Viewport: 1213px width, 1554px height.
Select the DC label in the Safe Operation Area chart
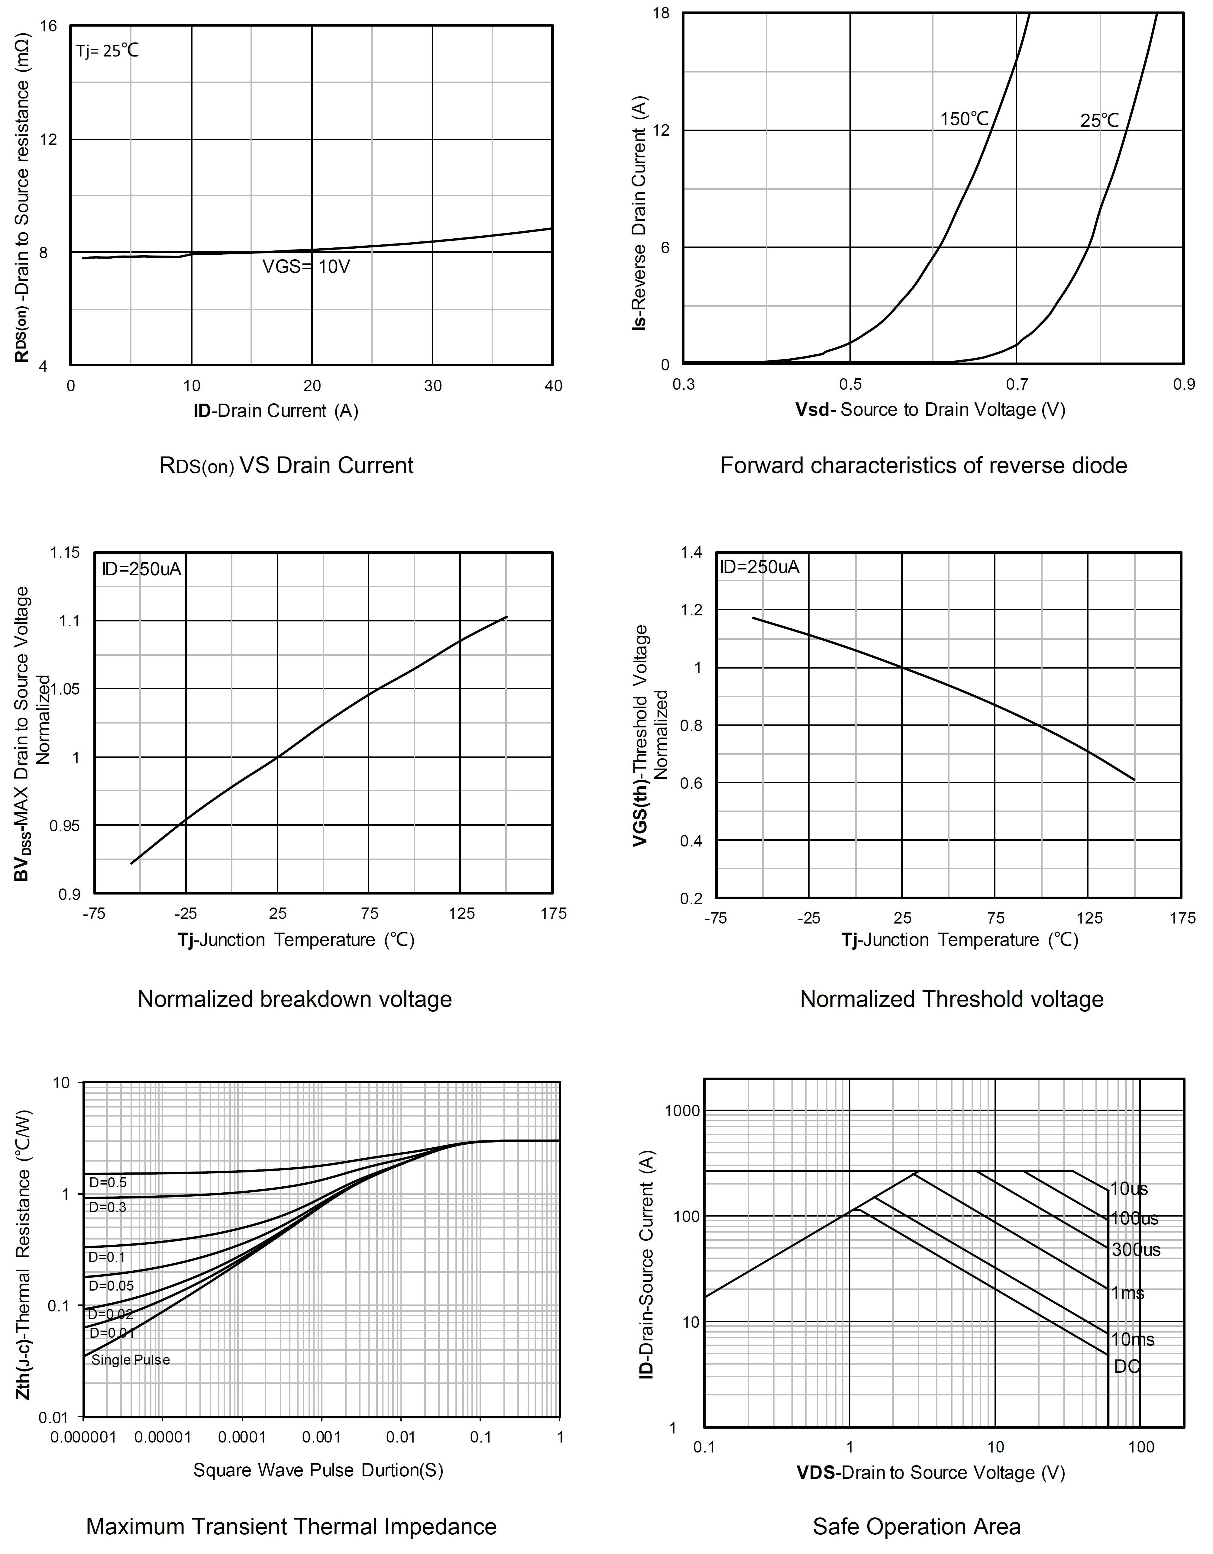click(x=1127, y=1366)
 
